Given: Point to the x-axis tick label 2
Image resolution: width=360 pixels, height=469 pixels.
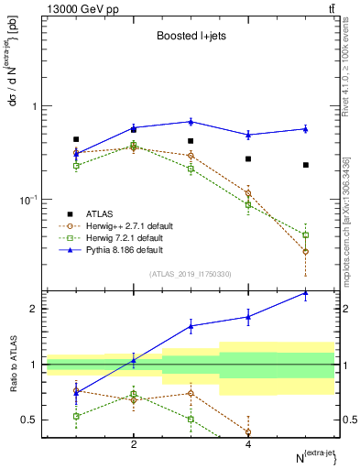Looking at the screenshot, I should [134, 444].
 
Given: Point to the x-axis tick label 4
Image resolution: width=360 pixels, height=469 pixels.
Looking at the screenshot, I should [248, 444].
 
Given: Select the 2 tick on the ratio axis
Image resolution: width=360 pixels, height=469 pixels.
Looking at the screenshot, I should [33, 309].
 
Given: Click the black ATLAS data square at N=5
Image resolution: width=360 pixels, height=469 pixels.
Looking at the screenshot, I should [306, 165].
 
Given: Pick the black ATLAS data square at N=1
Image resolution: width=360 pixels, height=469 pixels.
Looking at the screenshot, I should [76, 139].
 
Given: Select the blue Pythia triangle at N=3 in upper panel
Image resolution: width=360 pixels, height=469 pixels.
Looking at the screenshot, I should [191, 121].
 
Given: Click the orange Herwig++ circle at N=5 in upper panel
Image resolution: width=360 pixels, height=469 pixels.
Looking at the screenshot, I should [306, 251].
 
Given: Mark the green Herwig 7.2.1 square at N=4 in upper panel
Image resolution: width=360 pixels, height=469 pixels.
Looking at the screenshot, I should [248, 205].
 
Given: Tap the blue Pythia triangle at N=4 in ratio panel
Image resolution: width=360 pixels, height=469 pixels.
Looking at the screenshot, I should [248, 317].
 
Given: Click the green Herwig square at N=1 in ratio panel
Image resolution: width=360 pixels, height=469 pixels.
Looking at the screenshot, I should [76, 416].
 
